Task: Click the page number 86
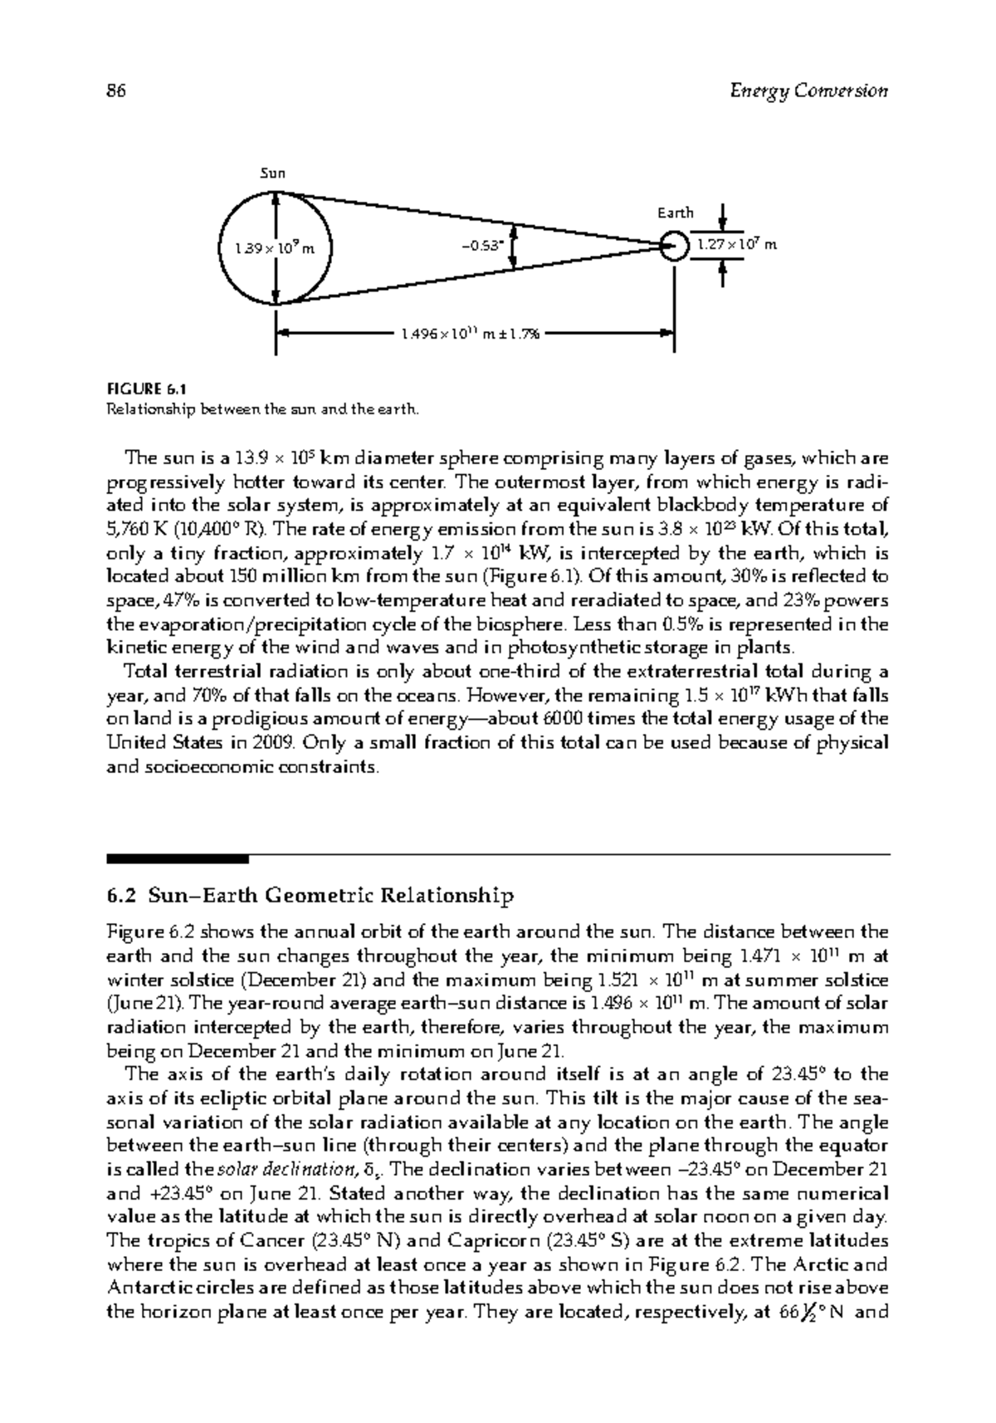tap(116, 91)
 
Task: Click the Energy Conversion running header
tap(808, 91)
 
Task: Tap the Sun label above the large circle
tap(273, 174)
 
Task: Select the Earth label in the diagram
tap(675, 213)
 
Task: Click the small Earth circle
tap(675, 246)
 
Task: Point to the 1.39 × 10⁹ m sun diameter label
tap(274, 247)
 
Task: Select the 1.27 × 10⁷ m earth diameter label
tap(736, 245)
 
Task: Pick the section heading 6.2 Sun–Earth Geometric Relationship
tap(310, 896)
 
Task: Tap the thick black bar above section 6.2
tap(178, 858)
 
